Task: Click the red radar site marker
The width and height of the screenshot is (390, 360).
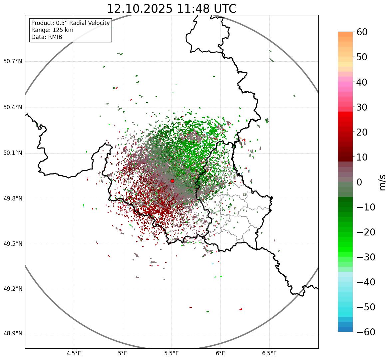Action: [172, 181]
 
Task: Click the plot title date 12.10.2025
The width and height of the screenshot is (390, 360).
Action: [140, 9]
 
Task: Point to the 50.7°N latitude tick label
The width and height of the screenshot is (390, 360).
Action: [13, 61]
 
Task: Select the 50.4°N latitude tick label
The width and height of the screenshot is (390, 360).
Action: [13, 107]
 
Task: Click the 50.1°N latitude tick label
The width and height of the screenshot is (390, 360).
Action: [13, 153]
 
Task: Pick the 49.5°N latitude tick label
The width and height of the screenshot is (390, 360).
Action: [13, 244]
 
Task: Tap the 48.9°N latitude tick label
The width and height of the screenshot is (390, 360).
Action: [13, 334]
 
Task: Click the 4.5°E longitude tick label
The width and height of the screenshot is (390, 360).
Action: [74, 353]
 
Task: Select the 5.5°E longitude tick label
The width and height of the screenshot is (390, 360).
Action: [172, 353]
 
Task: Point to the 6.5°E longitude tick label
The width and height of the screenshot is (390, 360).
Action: [269, 353]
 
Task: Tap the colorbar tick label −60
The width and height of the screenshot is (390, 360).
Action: [365, 332]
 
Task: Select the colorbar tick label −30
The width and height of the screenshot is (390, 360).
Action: [365, 257]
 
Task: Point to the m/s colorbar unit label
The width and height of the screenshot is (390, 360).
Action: [382, 182]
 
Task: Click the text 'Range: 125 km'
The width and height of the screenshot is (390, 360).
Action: [52, 30]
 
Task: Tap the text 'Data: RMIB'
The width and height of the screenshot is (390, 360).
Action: [47, 37]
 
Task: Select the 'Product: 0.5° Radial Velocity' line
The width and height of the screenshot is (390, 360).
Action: [70, 23]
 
